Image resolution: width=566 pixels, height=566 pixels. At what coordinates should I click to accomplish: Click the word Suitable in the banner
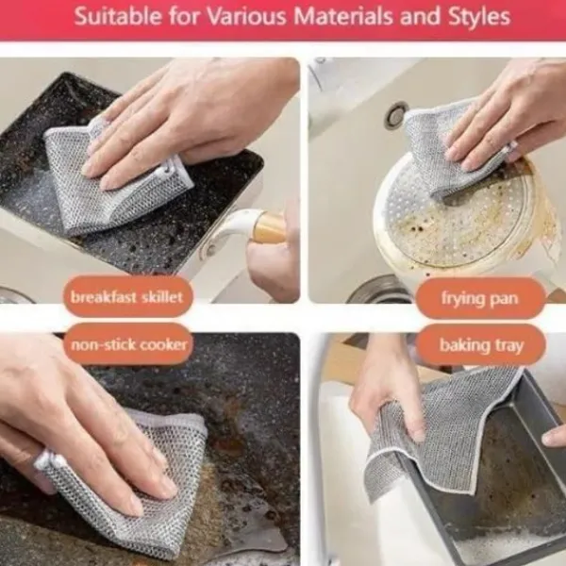click(118, 16)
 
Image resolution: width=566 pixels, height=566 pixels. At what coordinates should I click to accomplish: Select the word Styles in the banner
click(478, 17)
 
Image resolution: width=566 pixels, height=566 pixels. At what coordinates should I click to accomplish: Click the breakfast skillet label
click(127, 297)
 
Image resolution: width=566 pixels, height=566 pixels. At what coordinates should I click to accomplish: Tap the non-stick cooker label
click(129, 344)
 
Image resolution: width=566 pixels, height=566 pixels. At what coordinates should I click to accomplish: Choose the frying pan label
click(480, 298)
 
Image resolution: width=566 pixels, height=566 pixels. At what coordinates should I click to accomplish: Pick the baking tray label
click(481, 345)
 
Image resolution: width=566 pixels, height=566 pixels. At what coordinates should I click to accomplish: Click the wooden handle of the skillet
click(269, 228)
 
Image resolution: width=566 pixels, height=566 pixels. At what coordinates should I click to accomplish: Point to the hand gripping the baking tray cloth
click(390, 390)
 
